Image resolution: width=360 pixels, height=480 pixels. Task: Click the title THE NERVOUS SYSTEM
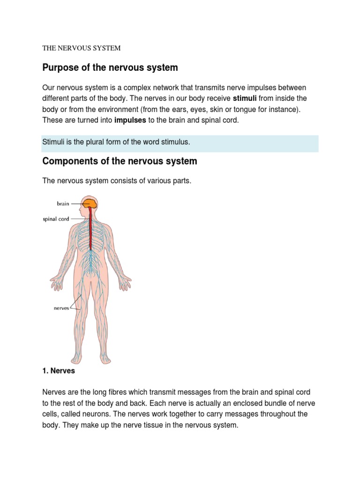pos(82,48)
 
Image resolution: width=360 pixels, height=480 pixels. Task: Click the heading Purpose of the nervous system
pos(110,67)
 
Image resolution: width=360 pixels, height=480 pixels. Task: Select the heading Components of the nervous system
pos(120,161)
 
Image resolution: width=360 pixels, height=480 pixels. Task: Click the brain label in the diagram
pos(63,203)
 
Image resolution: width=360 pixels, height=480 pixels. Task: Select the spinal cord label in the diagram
pos(56,219)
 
